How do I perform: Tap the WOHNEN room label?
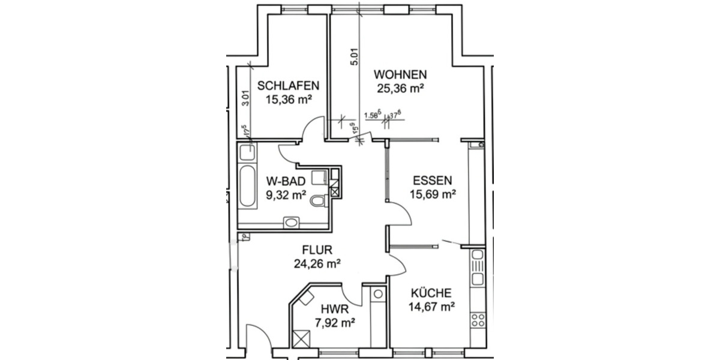click(400, 75)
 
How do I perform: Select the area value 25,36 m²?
click(400, 89)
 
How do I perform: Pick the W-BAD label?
click(286, 181)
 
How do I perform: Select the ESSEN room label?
click(432, 180)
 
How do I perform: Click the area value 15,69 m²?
click(432, 194)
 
